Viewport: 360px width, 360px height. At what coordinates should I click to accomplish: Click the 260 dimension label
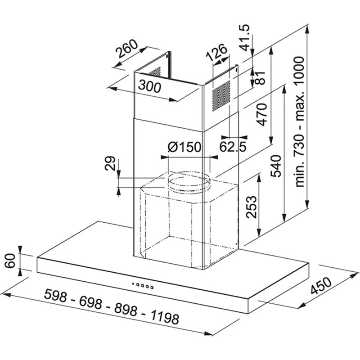coord(127,49)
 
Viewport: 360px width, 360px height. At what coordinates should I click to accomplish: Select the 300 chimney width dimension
coord(150,86)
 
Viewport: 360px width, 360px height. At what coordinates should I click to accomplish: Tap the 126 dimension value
coord(216,53)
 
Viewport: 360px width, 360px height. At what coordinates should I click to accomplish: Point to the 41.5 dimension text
coord(244,37)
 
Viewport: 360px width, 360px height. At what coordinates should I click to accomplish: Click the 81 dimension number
coord(260,77)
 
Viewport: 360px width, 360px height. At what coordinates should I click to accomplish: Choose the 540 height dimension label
coord(276,166)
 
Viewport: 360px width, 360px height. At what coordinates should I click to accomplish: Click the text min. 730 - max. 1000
coord(299,121)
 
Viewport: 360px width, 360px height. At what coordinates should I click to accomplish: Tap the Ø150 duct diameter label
coord(184,147)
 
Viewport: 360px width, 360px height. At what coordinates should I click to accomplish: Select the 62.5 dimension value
coord(233,147)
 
